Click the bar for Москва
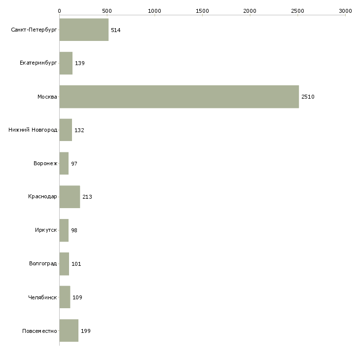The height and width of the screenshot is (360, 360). (x=179, y=97)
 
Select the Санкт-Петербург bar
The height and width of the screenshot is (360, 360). (x=84, y=30)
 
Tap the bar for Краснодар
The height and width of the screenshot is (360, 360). (x=70, y=197)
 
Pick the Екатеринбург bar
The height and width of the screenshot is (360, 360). (x=66, y=63)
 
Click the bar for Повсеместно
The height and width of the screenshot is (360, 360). (x=69, y=330)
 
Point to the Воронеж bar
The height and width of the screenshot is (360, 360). (x=64, y=163)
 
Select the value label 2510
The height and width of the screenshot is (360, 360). (x=308, y=97)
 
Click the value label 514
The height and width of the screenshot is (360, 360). (x=115, y=30)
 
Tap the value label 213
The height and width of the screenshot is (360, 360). (x=87, y=197)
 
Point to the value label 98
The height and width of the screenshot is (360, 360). (x=74, y=230)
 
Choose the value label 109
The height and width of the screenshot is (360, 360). (x=77, y=297)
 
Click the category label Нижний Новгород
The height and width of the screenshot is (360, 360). (x=33, y=130)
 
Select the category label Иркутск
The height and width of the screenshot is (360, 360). (x=46, y=230)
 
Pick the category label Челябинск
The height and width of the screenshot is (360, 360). (x=43, y=297)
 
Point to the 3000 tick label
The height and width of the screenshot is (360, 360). (x=345, y=10)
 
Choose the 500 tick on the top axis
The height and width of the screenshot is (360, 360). (x=107, y=10)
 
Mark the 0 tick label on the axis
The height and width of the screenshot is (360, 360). (x=59, y=10)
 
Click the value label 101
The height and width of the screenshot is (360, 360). (x=76, y=264)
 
